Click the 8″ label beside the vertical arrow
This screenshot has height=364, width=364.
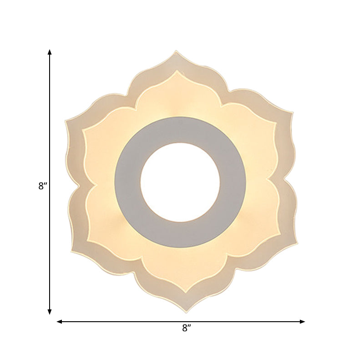pos(43,186)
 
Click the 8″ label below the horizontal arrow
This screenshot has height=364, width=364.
pos(187,328)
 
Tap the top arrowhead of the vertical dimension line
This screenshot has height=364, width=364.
pos(50,52)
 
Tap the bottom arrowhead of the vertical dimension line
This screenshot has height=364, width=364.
pos(50,312)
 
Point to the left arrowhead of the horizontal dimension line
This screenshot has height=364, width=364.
pos(60,322)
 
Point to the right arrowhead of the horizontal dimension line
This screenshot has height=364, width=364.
pos(302,322)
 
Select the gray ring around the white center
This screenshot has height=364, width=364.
pos(180,130)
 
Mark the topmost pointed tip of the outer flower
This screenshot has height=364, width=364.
pos(176,51)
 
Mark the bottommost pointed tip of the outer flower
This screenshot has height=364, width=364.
pos(186,313)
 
